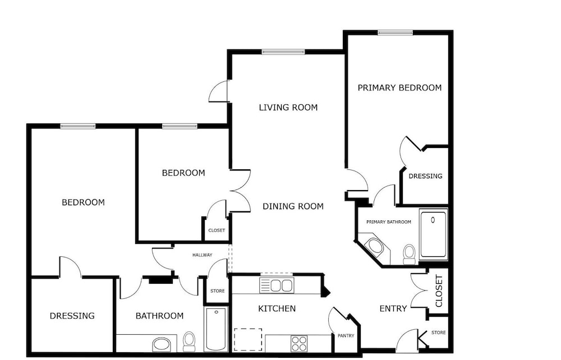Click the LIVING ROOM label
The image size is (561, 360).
[x=288, y=107]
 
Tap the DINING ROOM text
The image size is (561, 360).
[x=293, y=206]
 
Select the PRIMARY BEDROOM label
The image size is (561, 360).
[x=399, y=87]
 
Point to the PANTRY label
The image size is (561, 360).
[x=346, y=336]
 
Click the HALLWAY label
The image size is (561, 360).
[x=202, y=255]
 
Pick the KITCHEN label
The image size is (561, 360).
[x=277, y=308]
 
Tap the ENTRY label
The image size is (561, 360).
[x=393, y=308]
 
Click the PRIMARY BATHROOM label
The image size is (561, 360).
[x=389, y=222]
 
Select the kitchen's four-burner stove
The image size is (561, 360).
[x=299, y=344]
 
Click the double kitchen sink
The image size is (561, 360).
[x=277, y=285]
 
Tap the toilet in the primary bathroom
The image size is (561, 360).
[x=408, y=254]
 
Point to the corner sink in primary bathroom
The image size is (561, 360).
[x=375, y=246]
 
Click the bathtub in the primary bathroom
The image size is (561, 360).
[x=433, y=234]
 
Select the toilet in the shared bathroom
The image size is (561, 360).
[x=188, y=341]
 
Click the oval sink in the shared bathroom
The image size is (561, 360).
[x=162, y=345]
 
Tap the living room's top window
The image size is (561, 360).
[x=283, y=52]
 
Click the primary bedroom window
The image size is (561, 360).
[x=395, y=33]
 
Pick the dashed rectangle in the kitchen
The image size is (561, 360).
[x=248, y=340]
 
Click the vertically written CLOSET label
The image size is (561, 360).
[x=439, y=291]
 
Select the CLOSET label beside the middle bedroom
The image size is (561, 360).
[x=217, y=230]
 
